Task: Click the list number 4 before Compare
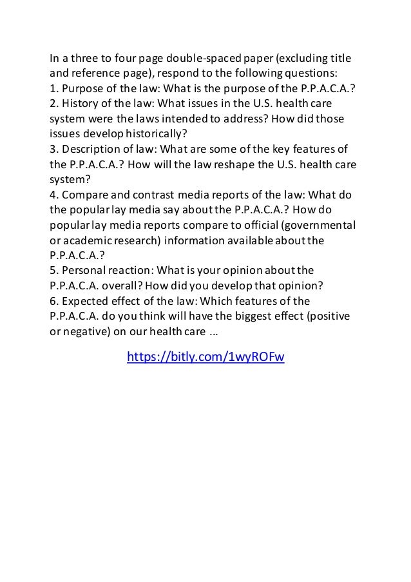(x=53, y=194)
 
